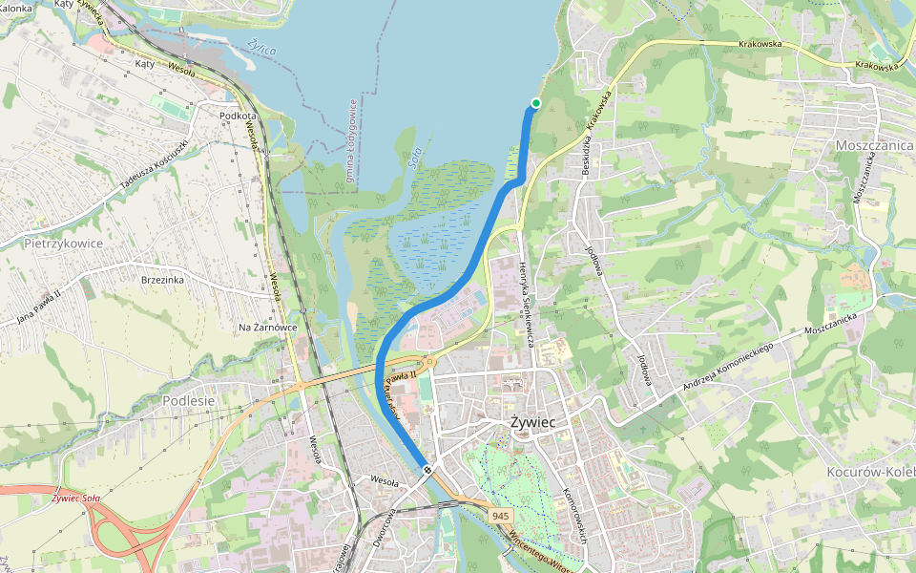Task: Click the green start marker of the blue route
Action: (x=535, y=103)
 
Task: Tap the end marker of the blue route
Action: (x=427, y=469)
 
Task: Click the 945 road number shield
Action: (x=501, y=516)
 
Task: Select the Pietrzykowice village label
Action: (x=62, y=244)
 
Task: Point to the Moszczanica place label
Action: (x=874, y=144)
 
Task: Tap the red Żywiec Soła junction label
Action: (x=76, y=498)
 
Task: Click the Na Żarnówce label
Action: (x=267, y=328)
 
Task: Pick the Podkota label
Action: (x=238, y=115)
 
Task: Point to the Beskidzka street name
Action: (x=580, y=154)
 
